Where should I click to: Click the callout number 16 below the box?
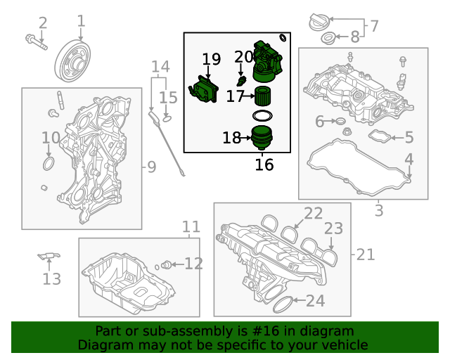pyautogui.click(x=264, y=165)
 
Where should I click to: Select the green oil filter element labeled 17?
pyautogui.click(x=263, y=96)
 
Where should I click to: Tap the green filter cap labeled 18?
pyautogui.click(x=262, y=137)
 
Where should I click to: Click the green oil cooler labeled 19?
pyautogui.click(x=203, y=89)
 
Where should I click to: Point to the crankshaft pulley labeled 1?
pyautogui.click(x=72, y=60)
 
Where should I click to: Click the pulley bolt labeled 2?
pyautogui.click(x=36, y=42)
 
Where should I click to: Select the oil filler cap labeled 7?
pyautogui.click(x=319, y=22)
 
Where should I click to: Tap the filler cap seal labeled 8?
pyautogui.click(x=328, y=39)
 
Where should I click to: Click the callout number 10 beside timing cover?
pyautogui.click(x=51, y=138)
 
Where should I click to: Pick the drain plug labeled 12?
pyautogui.click(x=166, y=264)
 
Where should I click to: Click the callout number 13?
pyautogui.click(x=51, y=278)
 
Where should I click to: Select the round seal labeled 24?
pyautogui.click(x=283, y=304)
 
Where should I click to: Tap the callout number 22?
pyautogui.click(x=313, y=213)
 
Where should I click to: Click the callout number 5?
pyautogui.click(x=409, y=137)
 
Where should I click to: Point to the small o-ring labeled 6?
pyautogui.click(x=340, y=121)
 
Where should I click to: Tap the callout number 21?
pyautogui.click(x=366, y=255)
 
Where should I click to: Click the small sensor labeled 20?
pyautogui.click(x=241, y=81)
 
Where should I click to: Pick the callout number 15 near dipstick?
pyautogui.click(x=168, y=98)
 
